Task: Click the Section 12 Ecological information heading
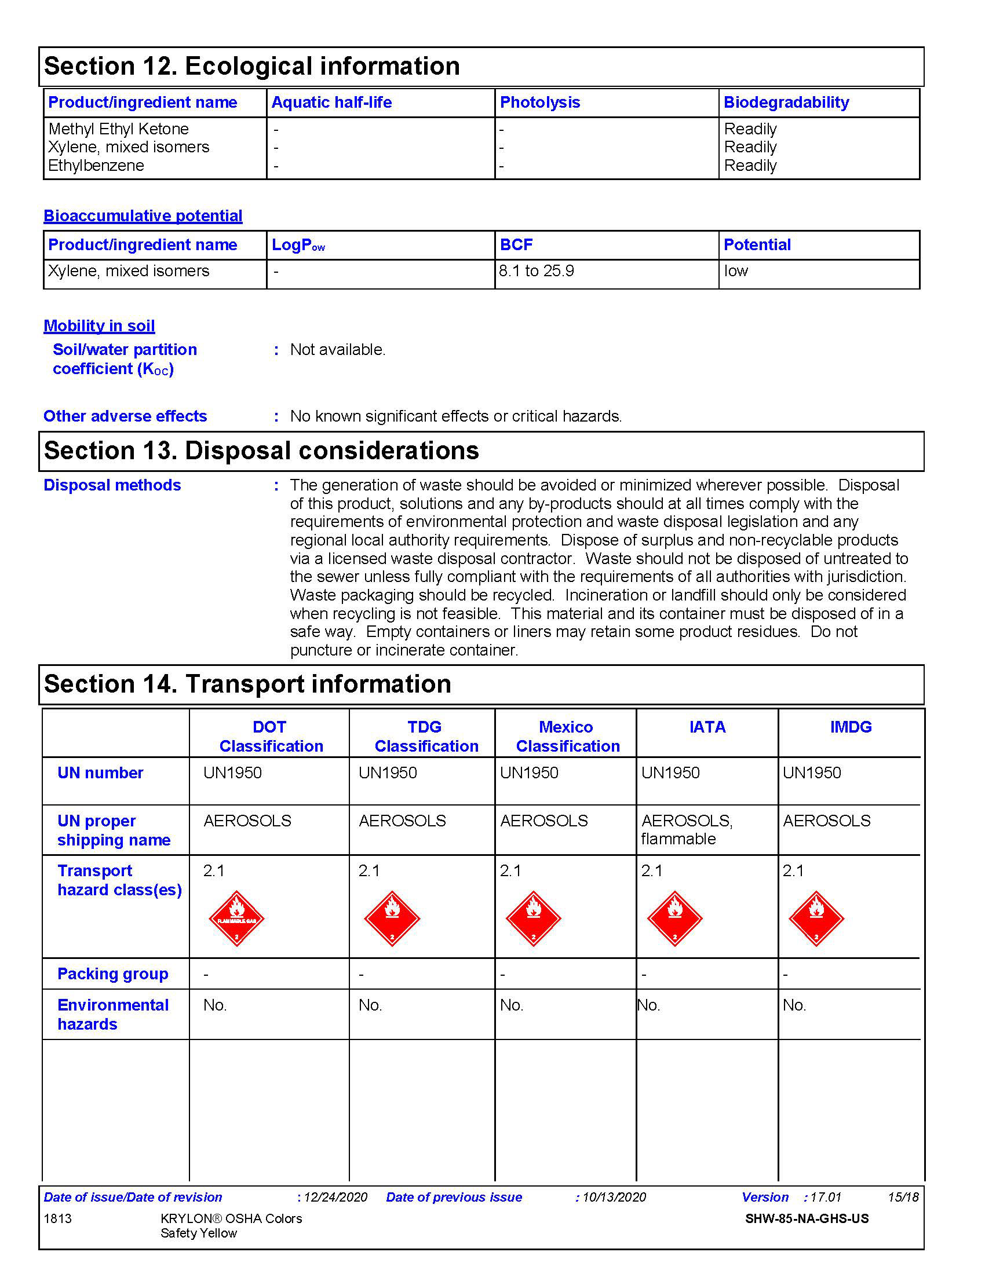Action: [x=251, y=66]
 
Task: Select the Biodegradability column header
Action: [x=786, y=102]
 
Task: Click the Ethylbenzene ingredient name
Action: [x=96, y=166]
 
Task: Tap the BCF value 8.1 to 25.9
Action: [x=537, y=271]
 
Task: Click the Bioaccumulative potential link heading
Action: [x=143, y=216]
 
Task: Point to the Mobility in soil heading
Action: [x=99, y=326]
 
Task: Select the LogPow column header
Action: [x=298, y=245]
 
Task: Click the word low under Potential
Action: [x=736, y=271]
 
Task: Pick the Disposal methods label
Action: [x=112, y=485]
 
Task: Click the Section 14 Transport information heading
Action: [x=247, y=684]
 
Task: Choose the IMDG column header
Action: [x=850, y=727]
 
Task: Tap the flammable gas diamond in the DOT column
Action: [x=236, y=918]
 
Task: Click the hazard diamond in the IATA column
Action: [x=674, y=918]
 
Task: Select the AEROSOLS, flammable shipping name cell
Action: [x=686, y=830]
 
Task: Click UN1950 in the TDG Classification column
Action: [x=388, y=773]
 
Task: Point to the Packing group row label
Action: [x=112, y=974]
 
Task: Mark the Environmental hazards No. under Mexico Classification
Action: [x=511, y=1005]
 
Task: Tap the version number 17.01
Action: [x=826, y=1198]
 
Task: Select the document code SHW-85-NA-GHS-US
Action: [x=807, y=1218]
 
